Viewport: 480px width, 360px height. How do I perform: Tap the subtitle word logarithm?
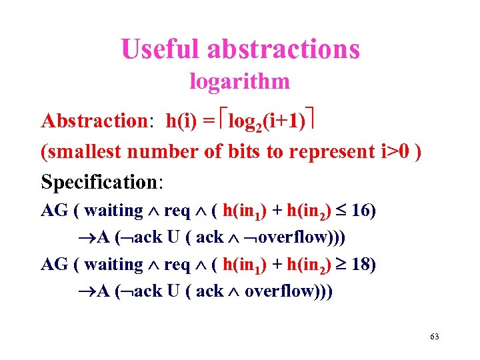[240, 81]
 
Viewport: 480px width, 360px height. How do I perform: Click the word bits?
[242, 151]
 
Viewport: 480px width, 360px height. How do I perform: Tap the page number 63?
[435, 337]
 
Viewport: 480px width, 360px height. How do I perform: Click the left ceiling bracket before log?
[222, 122]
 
